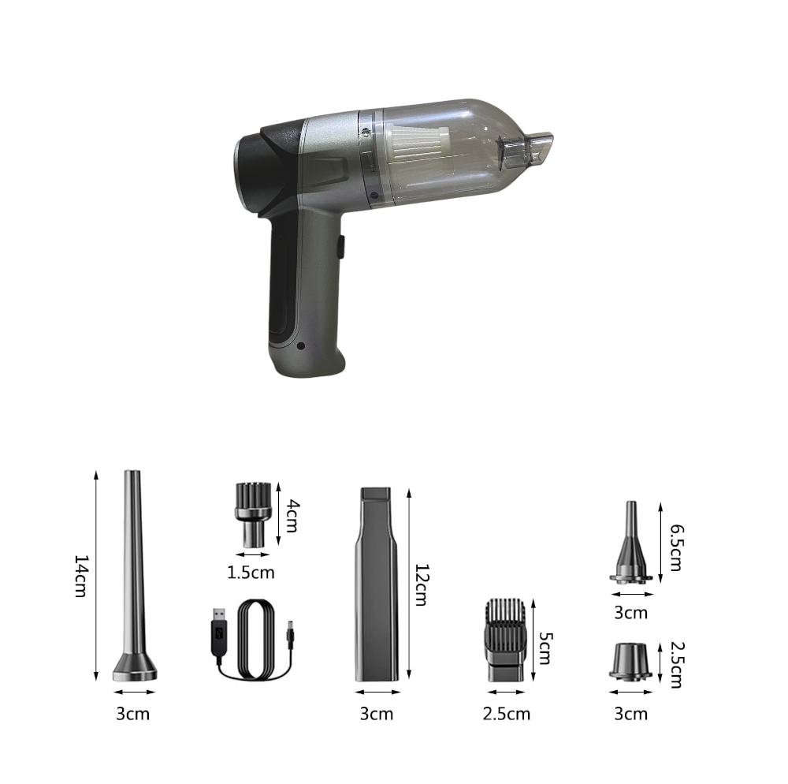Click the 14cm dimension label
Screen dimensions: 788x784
(x=81, y=576)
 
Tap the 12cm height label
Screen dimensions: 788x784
(x=421, y=585)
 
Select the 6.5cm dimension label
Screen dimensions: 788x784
(x=677, y=547)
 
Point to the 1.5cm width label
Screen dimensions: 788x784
(x=251, y=573)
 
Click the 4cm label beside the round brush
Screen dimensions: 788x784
(x=292, y=516)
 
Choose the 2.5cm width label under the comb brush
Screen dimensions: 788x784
(x=506, y=714)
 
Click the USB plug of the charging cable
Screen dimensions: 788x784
(x=220, y=636)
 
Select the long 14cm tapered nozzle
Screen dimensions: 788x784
(x=134, y=575)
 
